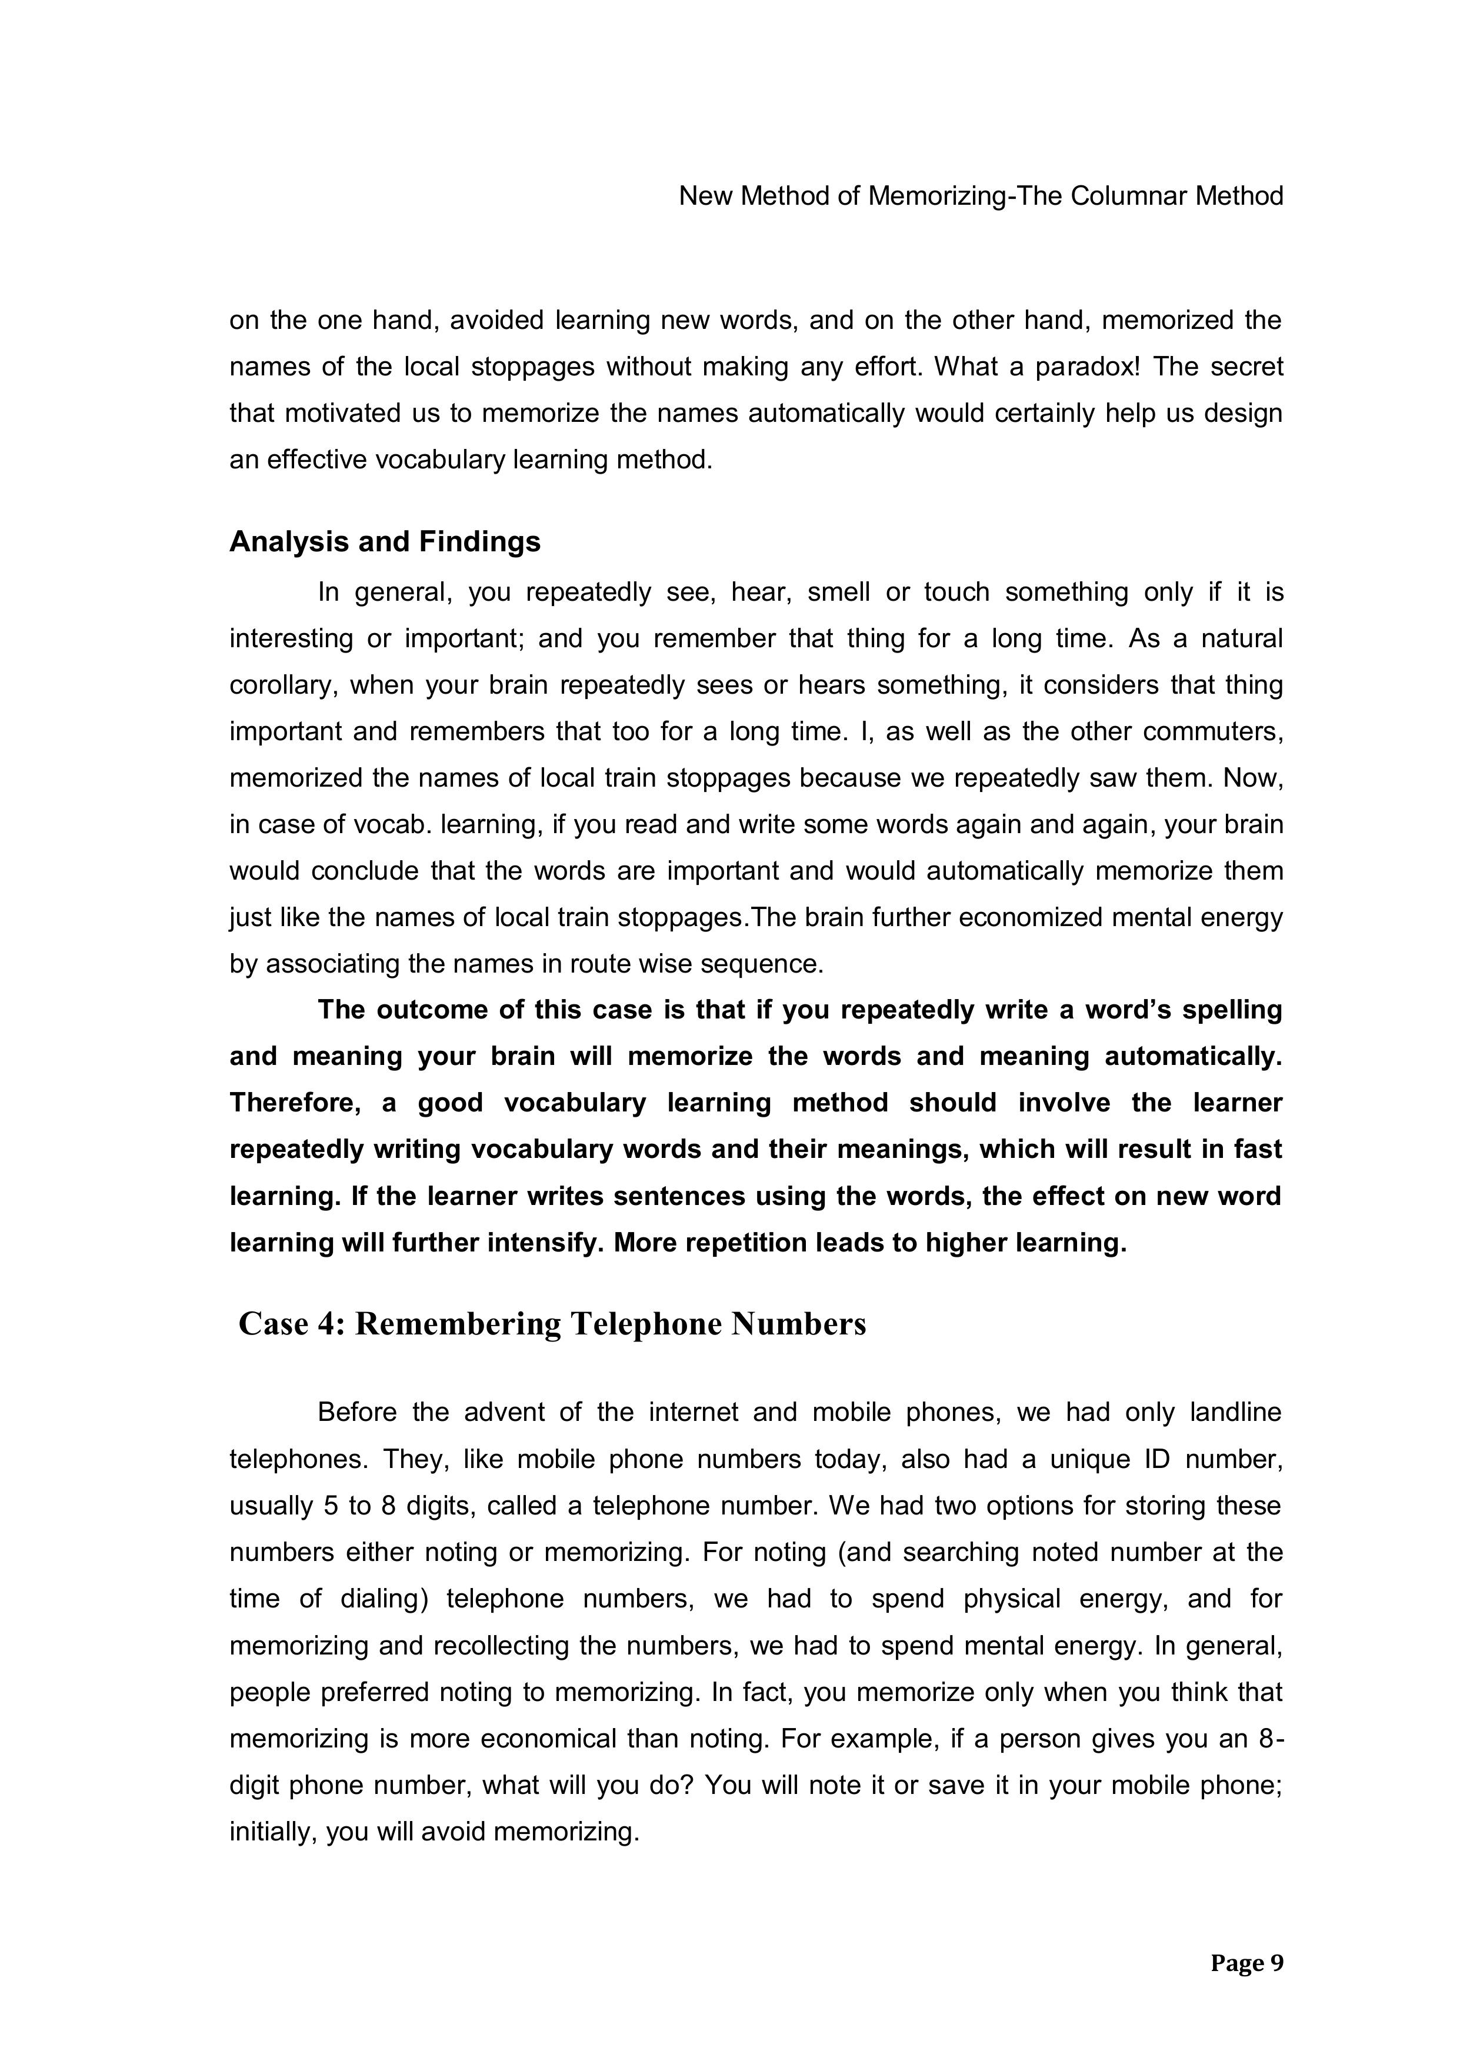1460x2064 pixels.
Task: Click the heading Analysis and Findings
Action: coord(385,542)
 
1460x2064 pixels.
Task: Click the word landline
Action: coord(1235,1412)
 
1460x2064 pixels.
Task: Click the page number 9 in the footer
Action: coord(1276,1964)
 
